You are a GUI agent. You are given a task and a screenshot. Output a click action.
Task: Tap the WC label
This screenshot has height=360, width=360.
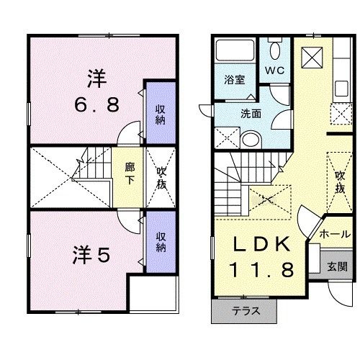(275, 71)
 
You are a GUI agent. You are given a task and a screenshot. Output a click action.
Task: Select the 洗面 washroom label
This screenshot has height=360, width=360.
(251, 113)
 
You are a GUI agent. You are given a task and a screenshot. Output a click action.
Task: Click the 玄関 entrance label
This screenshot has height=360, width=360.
(337, 265)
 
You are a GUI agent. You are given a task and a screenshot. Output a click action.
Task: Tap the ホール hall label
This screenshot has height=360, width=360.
(336, 235)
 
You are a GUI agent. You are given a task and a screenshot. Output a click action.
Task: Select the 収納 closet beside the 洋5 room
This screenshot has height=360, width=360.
(161, 242)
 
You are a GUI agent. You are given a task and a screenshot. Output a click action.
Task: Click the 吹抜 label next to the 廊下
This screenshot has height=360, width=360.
(161, 177)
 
